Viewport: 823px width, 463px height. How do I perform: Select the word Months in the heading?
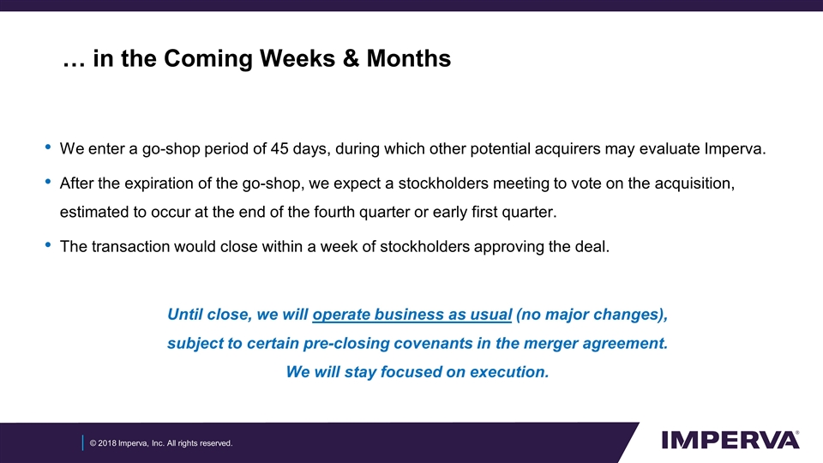pyautogui.click(x=408, y=59)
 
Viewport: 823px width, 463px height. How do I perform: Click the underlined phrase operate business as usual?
pyautogui.click(x=412, y=315)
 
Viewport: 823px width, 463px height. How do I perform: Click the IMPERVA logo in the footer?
pyautogui.click(x=729, y=440)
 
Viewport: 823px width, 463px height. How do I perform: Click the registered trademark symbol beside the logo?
pyautogui.click(x=798, y=434)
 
